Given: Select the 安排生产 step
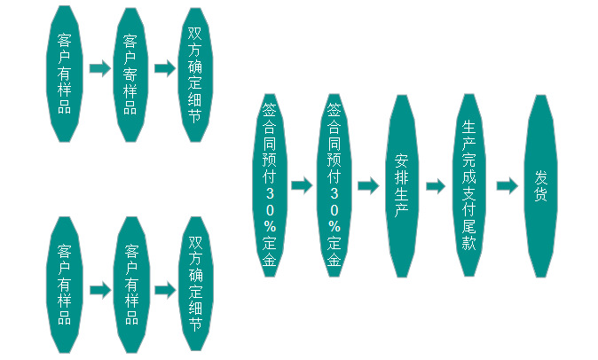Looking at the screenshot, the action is (x=401, y=185).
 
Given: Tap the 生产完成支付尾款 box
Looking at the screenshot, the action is (x=469, y=185).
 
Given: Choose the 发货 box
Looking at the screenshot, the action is (x=540, y=185).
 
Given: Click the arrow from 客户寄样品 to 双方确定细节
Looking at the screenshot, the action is (x=165, y=69).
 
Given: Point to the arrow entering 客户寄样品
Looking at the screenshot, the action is (x=98, y=69).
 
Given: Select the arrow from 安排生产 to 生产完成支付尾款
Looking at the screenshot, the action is (x=435, y=186).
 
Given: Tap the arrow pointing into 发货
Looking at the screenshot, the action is (x=506, y=186).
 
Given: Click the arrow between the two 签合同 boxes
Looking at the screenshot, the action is (x=302, y=185).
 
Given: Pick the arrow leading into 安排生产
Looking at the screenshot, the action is (x=367, y=186).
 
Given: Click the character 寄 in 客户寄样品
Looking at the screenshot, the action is (x=130, y=74).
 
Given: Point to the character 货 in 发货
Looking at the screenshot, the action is (x=540, y=194).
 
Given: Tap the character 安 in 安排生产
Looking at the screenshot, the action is (x=401, y=161).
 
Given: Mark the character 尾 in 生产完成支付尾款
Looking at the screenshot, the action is (x=469, y=226).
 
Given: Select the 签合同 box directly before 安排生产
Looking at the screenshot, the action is (x=334, y=185).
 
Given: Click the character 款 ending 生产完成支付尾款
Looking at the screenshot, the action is (x=469, y=243).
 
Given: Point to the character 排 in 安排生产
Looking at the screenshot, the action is (x=401, y=177).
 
